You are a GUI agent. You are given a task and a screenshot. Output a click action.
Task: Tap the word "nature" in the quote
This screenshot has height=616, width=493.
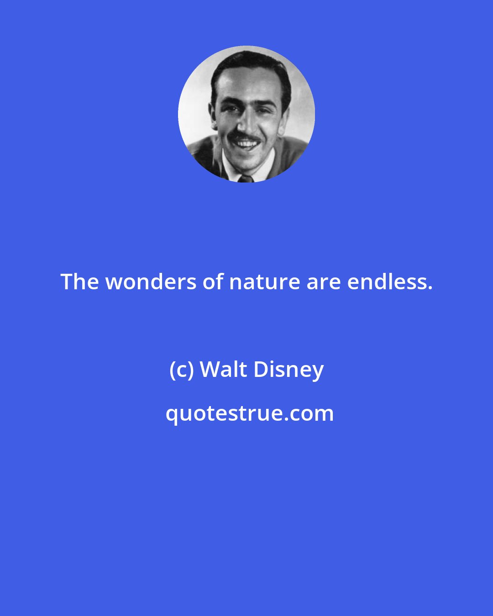(264, 282)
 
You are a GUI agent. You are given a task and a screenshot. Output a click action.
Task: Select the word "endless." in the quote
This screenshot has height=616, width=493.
(389, 282)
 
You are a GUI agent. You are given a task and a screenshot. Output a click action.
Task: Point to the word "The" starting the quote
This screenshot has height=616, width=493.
(79, 282)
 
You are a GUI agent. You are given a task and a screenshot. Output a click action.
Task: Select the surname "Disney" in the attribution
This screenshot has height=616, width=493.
(288, 370)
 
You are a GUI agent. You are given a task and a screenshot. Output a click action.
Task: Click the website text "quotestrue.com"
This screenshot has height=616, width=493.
(249, 413)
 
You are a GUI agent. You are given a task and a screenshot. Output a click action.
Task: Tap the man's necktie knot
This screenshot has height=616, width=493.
(245, 178)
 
